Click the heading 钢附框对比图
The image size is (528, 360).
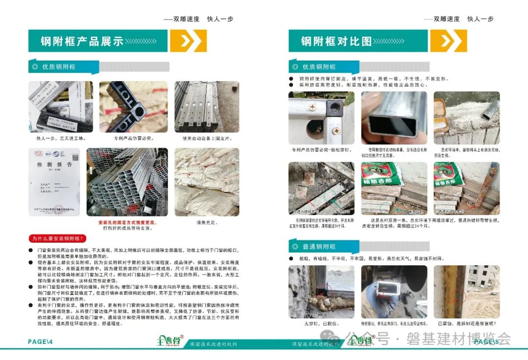click(x=336, y=41)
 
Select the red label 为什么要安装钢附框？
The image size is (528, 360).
click(x=58, y=239)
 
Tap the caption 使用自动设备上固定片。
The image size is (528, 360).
click(x=206, y=138)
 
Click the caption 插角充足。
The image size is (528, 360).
click(x=206, y=222)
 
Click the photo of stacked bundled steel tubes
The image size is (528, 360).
click(x=127, y=182)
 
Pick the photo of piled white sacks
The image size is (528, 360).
click(x=206, y=182)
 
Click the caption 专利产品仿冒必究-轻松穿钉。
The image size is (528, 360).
click(x=320, y=149)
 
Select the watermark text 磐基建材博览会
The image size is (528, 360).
click(x=458, y=339)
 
